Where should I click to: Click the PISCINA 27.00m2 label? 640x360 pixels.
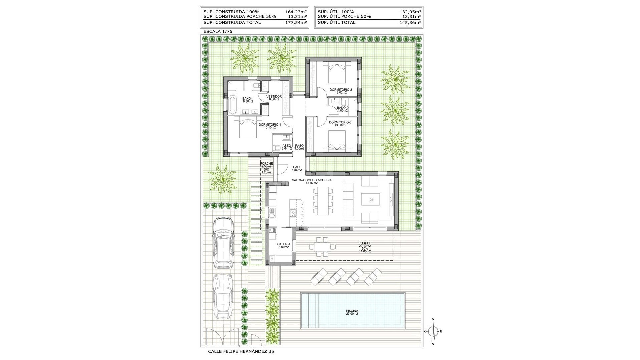coord(352,312)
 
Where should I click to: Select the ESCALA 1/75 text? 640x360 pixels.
coord(218,31)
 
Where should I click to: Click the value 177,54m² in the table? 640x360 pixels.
coord(296,22)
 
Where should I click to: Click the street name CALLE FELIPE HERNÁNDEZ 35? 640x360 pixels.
coord(241,351)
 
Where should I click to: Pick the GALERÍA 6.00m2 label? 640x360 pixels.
coord(284,245)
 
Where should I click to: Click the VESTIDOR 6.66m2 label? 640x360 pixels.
coord(274,98)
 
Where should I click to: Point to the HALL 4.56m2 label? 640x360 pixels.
coord(297,168)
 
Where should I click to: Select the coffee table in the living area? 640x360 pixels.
coord(370,200)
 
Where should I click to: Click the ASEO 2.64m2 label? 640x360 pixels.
coord(287,147)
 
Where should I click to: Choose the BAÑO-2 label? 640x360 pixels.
coord(342,109)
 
